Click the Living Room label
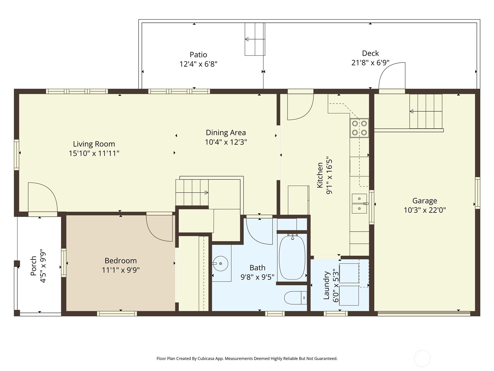(x=94, y=144)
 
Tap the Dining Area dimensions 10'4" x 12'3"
(x=226, y=142)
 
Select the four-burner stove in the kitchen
(x=359, y=128)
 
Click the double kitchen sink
(x=359, y=204)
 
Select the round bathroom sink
(x=221, y=264)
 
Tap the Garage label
(x=425, y=201)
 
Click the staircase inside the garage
(x=426, y=111)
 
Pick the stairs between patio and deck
(x=255, y=39)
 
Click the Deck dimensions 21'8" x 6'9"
(x=370, y=63)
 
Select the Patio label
(x=198, y=55)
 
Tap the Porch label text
(x=33, y=266)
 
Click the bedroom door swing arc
(x=159, y=229)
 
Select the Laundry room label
(x=326, y=285)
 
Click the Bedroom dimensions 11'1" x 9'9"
(x=121, y=270)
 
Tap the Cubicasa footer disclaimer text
(x=247, y=359)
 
